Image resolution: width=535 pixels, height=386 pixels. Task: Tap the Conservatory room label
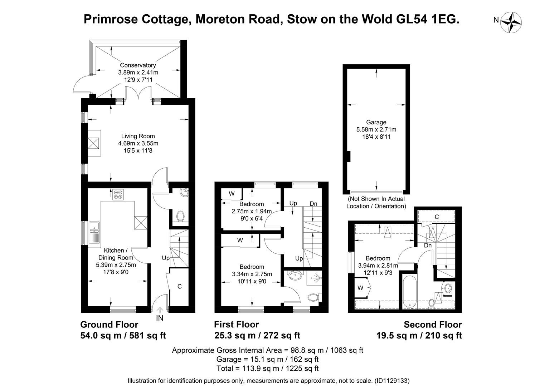(x=138, y=65)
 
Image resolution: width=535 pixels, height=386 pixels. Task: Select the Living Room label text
(x=138, y=136)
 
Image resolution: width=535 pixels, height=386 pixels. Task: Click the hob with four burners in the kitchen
(x=118, y=195)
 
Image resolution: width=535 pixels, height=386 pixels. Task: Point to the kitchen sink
(x=94, y=226)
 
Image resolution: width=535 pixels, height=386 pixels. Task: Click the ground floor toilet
(x=181, y=216)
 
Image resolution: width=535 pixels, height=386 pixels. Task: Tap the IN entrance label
(x=160, y=318)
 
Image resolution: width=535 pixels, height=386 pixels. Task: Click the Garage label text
(x=376, y=122)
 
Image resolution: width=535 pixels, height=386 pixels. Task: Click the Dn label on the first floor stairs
(x=313, y=204)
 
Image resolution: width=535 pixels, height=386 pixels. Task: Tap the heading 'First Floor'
(x=236, y=325)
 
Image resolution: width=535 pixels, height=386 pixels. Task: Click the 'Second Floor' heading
(x=433, y=325)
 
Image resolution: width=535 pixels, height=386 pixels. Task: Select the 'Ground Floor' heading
(x=109, y=325)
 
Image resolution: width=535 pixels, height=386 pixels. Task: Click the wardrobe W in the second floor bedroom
(x=360, y=288)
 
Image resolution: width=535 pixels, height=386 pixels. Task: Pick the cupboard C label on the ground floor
(x=180, y=286)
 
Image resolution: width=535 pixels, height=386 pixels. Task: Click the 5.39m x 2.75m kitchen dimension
(x=116, y=265)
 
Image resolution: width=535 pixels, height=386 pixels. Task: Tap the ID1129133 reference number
(x=391, y=381)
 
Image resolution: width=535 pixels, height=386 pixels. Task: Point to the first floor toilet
(x=313, y=297)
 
